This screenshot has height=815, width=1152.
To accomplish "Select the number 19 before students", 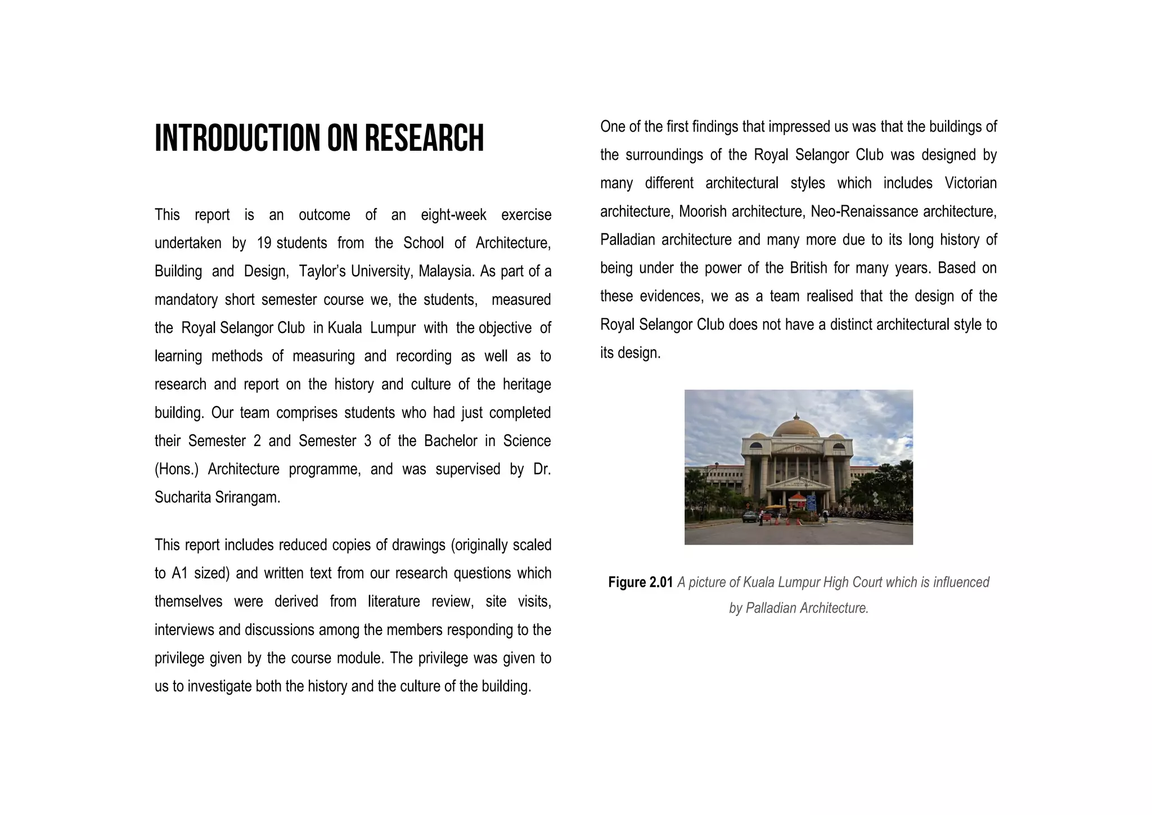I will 264,243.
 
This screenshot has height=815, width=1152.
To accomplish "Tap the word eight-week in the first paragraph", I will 453,215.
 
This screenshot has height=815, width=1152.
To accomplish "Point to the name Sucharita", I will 183,497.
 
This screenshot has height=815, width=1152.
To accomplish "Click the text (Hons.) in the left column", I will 177,469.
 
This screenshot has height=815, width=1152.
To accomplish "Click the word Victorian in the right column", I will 970,183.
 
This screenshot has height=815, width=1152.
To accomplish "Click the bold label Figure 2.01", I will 640,582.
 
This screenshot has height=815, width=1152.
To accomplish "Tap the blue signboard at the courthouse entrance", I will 811,502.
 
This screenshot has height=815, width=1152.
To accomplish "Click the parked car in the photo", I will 750,516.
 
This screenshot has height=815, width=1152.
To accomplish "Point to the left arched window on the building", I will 757,445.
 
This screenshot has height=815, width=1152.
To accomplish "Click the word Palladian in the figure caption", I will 770,608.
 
